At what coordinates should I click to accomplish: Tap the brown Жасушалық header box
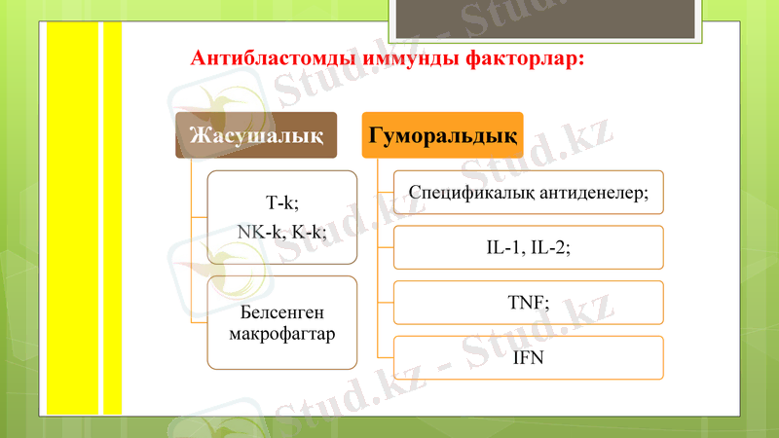256,133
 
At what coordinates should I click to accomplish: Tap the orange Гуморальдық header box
442,133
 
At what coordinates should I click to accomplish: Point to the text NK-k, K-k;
281,231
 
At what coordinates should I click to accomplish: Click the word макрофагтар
281,334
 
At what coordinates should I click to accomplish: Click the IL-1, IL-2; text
528,247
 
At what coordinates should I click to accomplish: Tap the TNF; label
528,303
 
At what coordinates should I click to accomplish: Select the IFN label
528,358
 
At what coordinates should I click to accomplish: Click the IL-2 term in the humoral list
550,247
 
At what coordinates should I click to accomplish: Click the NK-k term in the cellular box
258,231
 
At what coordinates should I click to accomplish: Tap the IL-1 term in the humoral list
504,247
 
